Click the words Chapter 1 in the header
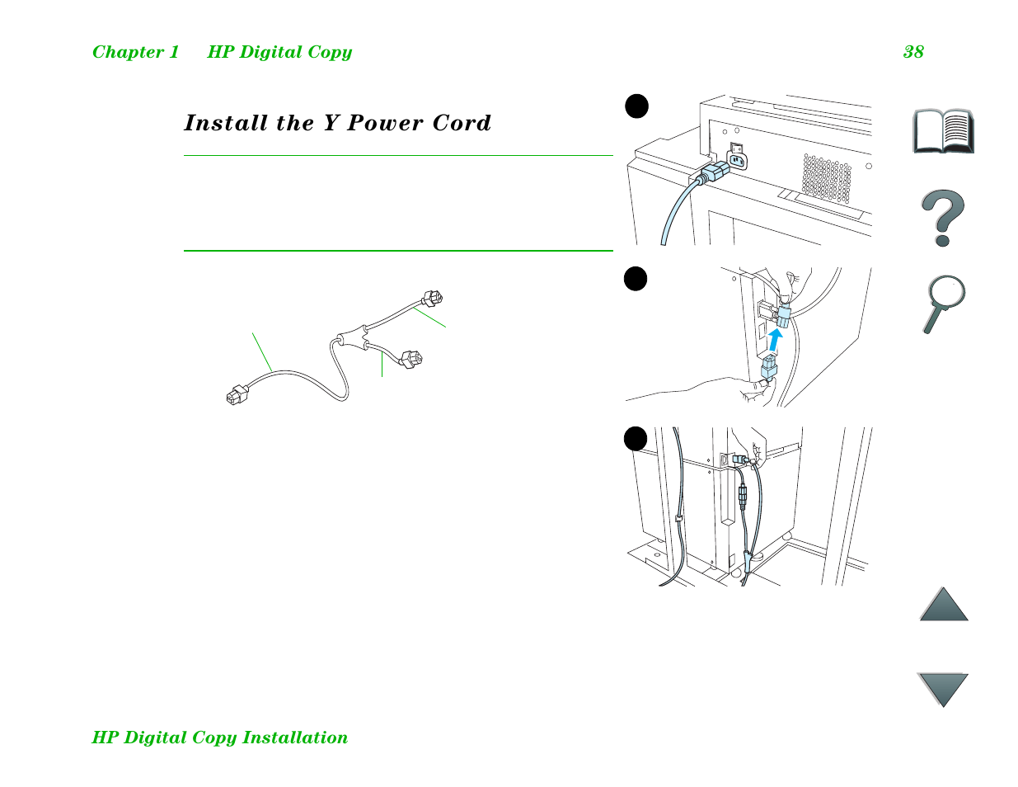tap(135, 52)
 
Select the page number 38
tap(913, 52)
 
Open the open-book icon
tap(943, 130)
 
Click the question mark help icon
tap(942, 218)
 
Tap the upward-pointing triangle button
tap(944, 605)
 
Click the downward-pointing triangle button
tap(943, 688)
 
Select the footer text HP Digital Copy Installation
tap(219, 738)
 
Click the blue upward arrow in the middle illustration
tap(775, 338)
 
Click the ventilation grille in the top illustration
tap(827, 178)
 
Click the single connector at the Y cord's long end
tap(237, 395)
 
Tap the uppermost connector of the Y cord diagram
tap(432, 298)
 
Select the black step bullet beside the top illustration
tap(636, 106)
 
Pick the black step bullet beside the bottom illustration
tap(636, 439)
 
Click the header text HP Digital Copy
tap(279, 52)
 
